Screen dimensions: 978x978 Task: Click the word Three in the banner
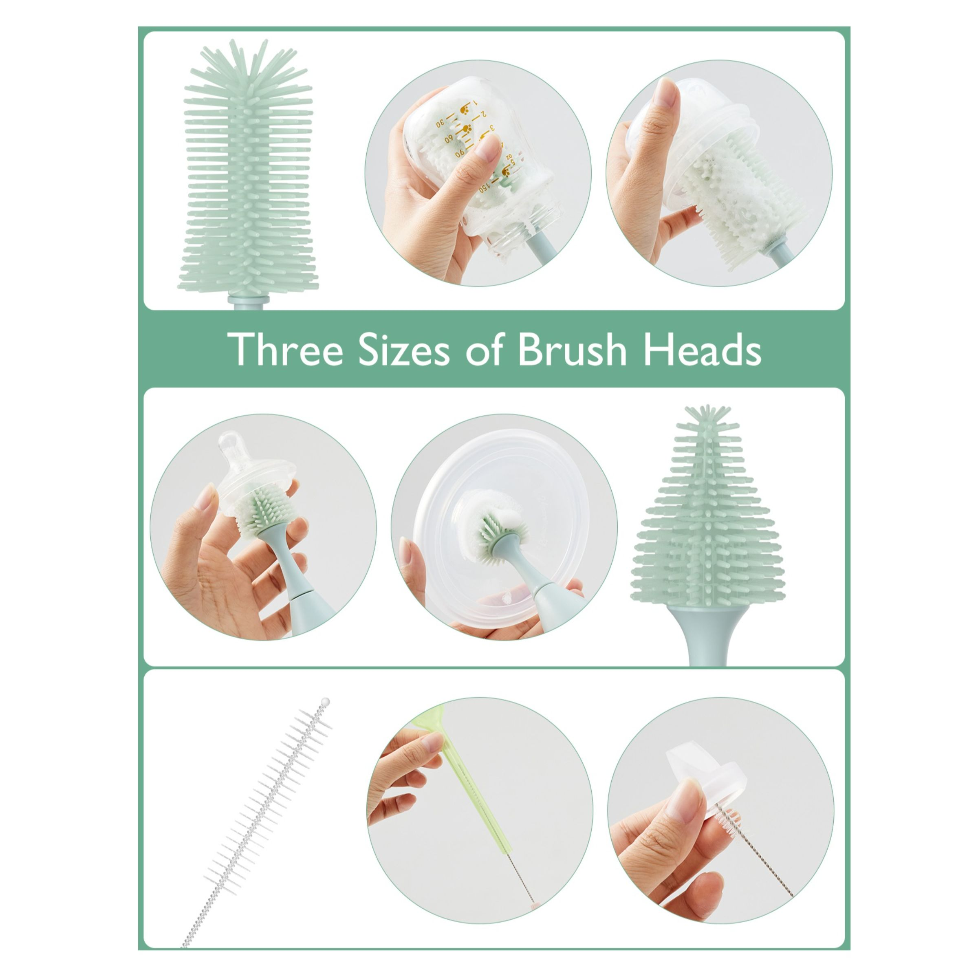[284, 349]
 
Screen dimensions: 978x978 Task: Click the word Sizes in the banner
[403, 349]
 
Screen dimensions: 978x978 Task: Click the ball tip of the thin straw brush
[326, 702]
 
